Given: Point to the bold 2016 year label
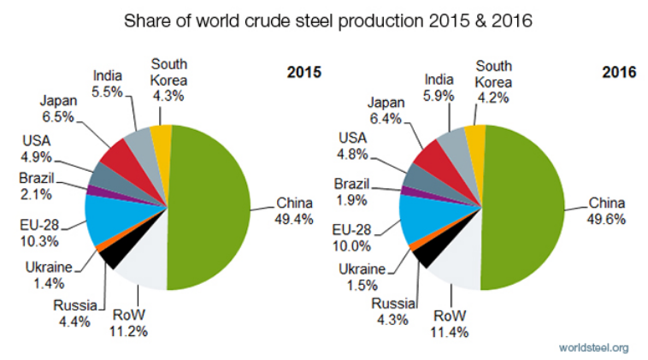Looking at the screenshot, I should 617,73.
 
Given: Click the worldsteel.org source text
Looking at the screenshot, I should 592,346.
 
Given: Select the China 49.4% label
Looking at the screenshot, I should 294,211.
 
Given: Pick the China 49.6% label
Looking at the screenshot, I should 607,211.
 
